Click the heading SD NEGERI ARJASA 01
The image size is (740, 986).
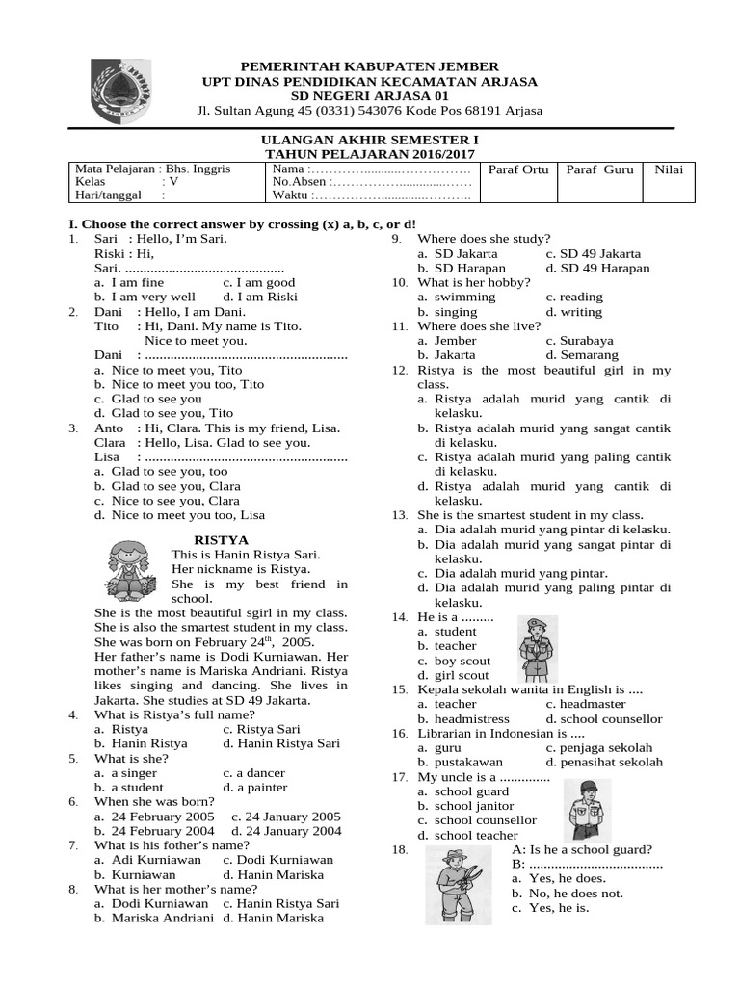[x=369, y=96]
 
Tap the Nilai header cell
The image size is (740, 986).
[x=668, y=169]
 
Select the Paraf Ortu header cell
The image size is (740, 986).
[x=518, y=169]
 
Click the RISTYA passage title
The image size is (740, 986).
[x=221, y=541]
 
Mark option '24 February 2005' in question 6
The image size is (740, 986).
[x=154, y=817]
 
